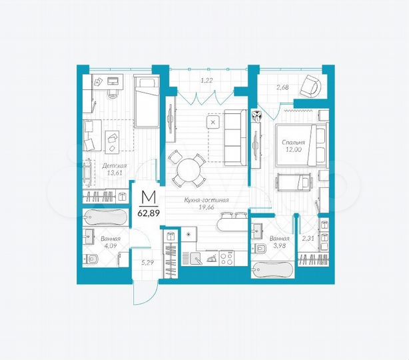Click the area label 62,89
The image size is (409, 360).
(x=148, y=213)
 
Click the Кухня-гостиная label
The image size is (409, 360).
(x=207, y=200)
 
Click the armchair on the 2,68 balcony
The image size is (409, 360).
(x=310, y=85)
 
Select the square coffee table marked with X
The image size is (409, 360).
(x=212, y=123)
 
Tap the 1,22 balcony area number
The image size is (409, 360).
(x=207, y=81)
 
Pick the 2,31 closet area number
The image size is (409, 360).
(x=308, y=238)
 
